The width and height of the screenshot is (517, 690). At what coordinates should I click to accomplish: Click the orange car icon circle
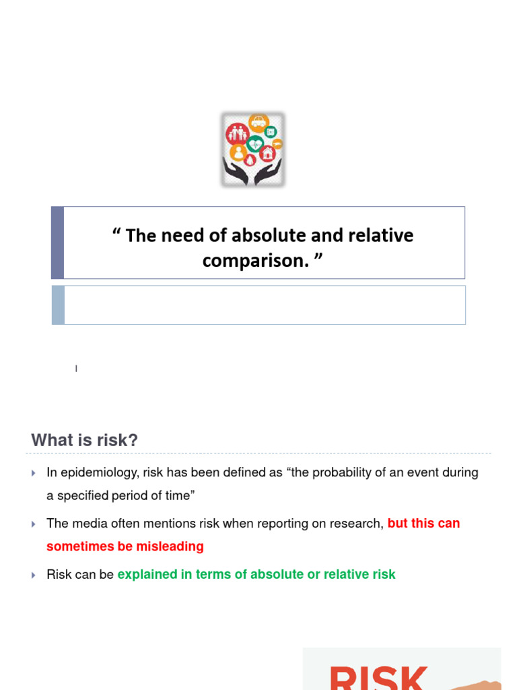(x=258, y=123)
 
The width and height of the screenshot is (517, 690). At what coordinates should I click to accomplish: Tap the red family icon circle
(x=236, y=133)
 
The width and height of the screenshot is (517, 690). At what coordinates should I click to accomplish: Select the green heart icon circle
(x=255, y=144)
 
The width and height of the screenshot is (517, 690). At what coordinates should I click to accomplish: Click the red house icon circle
(x=268, y=153)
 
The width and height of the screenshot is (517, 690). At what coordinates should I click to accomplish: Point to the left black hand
(x=236, y=172)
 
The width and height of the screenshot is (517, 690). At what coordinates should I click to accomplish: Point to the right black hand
(x=270, y=172)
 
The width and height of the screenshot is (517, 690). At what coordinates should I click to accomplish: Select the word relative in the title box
(x=379, y=235)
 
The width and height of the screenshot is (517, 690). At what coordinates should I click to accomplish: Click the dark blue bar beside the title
(x=58, y=243)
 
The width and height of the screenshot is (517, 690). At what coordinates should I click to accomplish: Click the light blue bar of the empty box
(x=58, y=305)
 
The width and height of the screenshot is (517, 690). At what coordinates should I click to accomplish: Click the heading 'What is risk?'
(x=84, y=440)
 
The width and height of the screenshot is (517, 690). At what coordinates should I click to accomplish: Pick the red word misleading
(x=170, y=546)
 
